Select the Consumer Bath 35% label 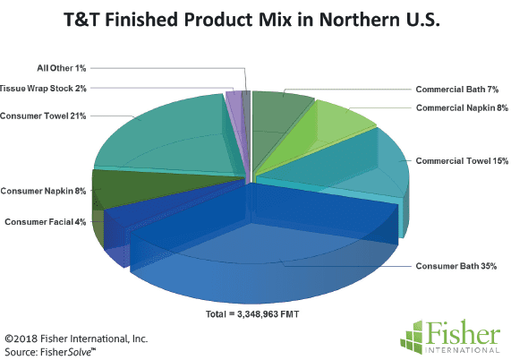point(456,266)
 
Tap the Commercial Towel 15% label point(462,161)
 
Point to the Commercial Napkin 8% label point(462,107)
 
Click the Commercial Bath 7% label point(457,89)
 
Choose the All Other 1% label point(62,68)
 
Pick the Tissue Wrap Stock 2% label point(43,88)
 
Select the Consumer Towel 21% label point(43,116)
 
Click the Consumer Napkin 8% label point(43,191)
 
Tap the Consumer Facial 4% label point(46,222)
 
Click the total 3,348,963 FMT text point(252,314)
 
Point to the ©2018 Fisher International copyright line point(76,339)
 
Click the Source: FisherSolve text point(50,352)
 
